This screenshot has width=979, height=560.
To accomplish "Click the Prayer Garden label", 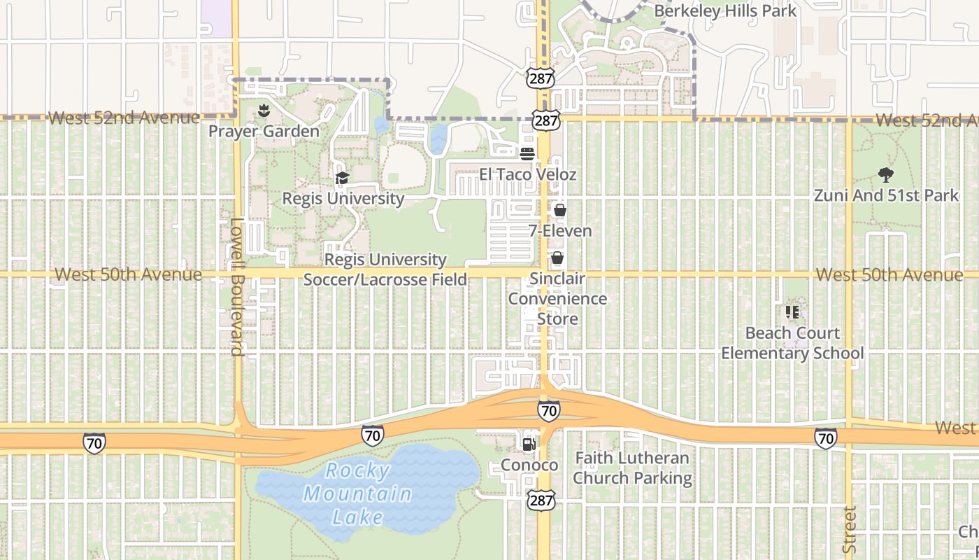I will click(x=264, y=131).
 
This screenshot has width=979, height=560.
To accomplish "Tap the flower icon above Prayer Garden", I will click(x=264, y=110).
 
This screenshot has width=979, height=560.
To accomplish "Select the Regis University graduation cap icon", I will click(x=342, y=178).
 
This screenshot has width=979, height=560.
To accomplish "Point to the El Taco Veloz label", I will click(x=527, y=174).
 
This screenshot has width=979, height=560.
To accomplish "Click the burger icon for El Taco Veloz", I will click(x=527, y=153).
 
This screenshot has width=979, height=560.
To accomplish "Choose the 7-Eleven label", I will click(x=559, y=230).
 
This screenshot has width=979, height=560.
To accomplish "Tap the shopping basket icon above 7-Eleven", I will click(x=559, y=209).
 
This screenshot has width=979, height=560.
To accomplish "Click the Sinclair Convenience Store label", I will click(x=557, y=298).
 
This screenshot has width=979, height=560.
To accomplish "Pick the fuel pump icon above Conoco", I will click(x=529, y=444).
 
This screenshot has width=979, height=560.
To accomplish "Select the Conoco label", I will click(x=529, y=465).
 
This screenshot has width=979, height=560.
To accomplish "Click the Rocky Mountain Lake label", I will click(x=357, y=493).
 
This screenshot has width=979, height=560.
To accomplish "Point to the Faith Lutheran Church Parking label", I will click(x=632, y=468).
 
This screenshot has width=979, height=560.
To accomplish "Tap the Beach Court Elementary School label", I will click(x=792, y=342).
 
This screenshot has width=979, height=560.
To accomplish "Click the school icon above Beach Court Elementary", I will click(x=792, y=311).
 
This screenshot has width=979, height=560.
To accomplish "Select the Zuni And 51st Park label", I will click(x=886, y=195).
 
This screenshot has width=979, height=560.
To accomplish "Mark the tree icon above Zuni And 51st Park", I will click(x=885, y=174).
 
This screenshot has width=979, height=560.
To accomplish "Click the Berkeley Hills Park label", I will click(x=725, y=10).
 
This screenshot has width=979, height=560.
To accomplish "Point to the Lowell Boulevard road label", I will click(x=237, y=287).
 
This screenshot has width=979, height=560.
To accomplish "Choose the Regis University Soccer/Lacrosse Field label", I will click(x=385, y=269).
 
